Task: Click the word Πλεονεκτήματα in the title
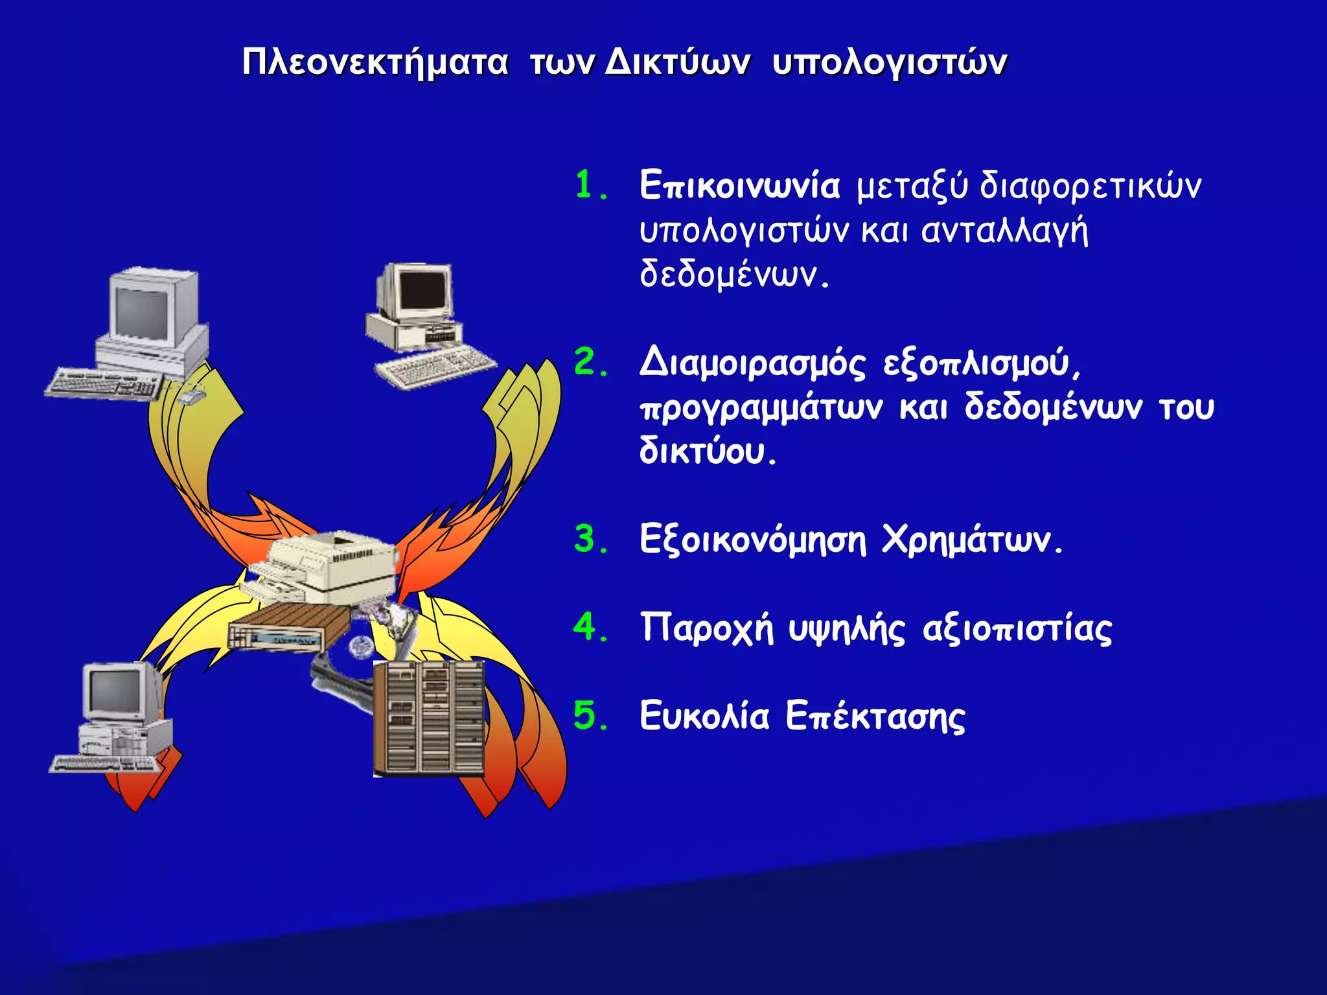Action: tap(375, 63)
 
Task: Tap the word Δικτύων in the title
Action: tap(678, 63)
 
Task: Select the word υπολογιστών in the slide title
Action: tap(890, 63)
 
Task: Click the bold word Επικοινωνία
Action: tap(739, 186)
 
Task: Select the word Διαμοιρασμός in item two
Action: tap(752, 363)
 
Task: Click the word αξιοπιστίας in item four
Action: tap(1017, 628)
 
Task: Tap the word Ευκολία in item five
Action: tap(704, 716)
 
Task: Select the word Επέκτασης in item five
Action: tap(875, 716)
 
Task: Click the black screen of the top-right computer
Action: tap(423, 290)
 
